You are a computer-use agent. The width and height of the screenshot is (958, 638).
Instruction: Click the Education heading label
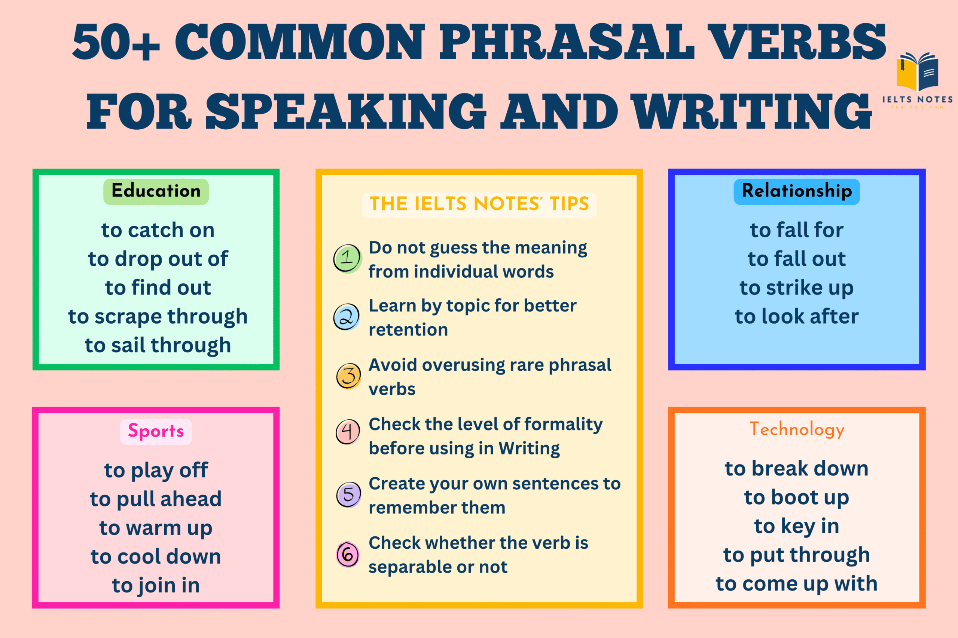pos(156,191)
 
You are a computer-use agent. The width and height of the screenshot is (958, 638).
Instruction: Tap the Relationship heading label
pos(797,191)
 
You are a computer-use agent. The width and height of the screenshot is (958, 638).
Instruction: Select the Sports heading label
pos(156,431)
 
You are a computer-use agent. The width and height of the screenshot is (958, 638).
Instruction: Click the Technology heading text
pos(797,429)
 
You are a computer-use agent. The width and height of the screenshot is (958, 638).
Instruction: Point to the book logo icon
pos(918,72)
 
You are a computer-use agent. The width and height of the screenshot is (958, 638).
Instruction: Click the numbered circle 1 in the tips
pos(347,258)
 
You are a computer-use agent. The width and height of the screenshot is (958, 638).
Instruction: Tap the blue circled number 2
pos(347,317)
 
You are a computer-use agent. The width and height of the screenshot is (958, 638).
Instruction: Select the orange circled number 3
pos(349,376)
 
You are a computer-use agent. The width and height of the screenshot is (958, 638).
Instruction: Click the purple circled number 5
pos(349,494)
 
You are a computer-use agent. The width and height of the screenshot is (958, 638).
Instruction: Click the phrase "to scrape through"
pos(158,317)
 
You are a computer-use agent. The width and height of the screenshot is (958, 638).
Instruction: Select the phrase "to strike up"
pos(797,288)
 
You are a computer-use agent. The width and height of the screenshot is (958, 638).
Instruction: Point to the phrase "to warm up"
pos(156,528)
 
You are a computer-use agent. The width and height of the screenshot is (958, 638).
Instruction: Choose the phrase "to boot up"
pos(797,497)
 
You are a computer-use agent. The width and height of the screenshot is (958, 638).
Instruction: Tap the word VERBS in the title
pos(796,41)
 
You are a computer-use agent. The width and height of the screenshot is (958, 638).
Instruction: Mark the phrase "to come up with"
pos(797,584)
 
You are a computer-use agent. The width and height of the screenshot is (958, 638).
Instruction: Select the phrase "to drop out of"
pos(158,259)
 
